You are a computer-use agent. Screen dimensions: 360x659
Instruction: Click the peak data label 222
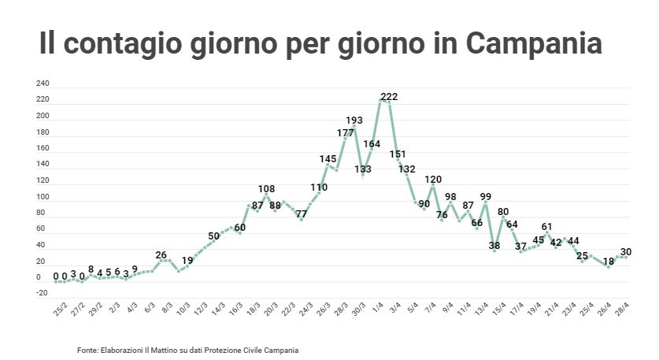coord(389,97)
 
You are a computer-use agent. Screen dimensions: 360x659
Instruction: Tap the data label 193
coord(354,121)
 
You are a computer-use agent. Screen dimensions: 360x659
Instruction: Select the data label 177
coord(345,133)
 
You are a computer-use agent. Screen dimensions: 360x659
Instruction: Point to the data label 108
coord(266,189)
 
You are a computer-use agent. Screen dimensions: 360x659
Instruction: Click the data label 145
coord(328,159)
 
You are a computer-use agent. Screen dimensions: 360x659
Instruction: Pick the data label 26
coord(161,255)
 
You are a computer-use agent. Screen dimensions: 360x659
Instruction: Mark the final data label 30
coord(626,252)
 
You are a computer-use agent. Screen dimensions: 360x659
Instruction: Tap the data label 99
coord(485,197)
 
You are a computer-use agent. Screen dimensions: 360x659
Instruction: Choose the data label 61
coord(547,227)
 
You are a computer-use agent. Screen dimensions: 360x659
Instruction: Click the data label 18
coord(609,261)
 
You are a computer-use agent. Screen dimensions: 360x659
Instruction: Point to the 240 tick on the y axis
coord(43,84)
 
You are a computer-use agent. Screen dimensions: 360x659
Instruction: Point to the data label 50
coord(213,236)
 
